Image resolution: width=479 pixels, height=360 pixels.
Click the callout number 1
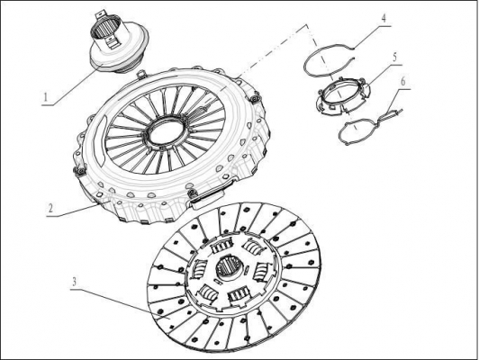tap(46, 97)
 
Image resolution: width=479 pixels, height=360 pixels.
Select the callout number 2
tap(50, 208)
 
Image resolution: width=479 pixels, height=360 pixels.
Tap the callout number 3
tap(74, 282)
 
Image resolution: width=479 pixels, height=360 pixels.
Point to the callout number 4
tap(384, 18)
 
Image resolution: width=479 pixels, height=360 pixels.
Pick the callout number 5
tap(394, 57)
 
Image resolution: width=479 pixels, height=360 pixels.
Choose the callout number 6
tap(403, 82)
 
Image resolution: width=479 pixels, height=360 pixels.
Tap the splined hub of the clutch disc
tap(230, 268)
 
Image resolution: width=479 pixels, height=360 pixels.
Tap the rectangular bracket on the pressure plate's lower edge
tap(208, 199)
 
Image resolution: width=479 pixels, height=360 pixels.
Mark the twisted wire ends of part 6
tap(393, 113)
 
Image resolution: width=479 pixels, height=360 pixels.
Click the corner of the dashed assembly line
tap(306, 24)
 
